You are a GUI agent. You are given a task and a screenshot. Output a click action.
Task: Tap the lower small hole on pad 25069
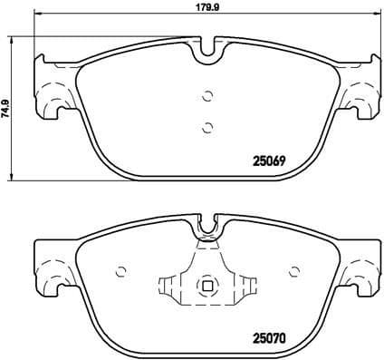click(x=207, y=126)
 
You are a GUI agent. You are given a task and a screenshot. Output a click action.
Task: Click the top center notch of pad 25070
click(x=207, y=224)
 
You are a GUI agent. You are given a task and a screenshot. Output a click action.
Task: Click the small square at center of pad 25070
click(x=207, y=288)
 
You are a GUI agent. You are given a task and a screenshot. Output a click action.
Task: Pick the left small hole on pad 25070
click(x=122, y=270)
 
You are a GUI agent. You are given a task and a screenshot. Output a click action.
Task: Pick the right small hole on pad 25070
click(x=293, y=270)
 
